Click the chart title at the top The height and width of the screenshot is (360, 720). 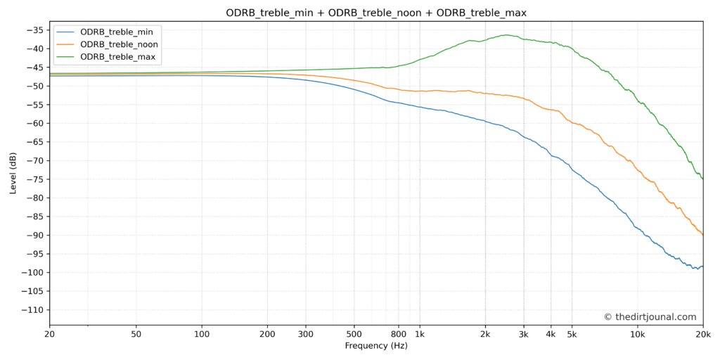375,13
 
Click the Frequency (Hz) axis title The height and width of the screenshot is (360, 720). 375,346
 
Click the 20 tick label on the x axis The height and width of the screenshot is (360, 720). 49,334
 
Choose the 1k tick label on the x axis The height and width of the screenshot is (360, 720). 420,334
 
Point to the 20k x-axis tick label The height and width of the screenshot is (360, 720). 702,334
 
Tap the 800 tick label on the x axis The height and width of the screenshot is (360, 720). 399,334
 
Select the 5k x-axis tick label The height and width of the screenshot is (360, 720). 572,334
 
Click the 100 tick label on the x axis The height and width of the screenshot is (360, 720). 202,334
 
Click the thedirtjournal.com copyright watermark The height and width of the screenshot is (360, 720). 650,317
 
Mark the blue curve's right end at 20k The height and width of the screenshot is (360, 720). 702,266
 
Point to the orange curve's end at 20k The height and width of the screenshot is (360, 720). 702,235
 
